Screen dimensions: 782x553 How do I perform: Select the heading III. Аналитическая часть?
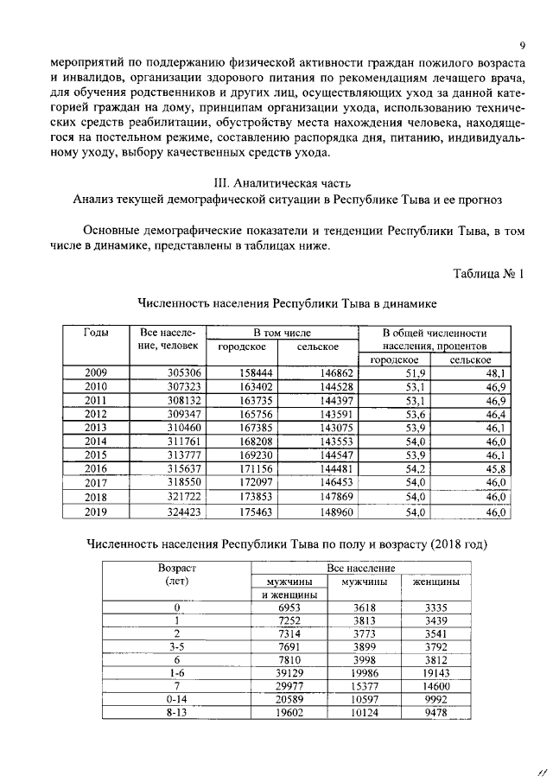tap(276, 182)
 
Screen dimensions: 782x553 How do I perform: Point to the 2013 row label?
tap(96, 428)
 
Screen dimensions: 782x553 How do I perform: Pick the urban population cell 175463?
tap(256, 512)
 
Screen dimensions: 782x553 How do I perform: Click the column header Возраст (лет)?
tap(176, 575)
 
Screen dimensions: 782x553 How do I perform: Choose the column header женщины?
tap(435, 582)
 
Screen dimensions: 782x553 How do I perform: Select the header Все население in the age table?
tap(361, 569)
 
